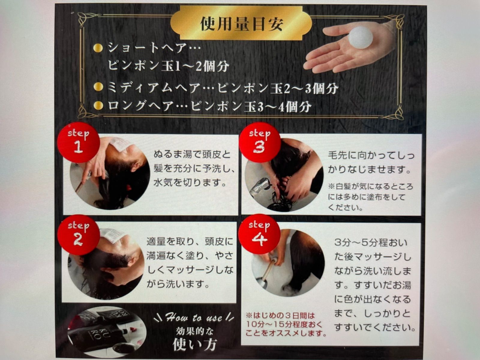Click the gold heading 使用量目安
click(x=241, y=24)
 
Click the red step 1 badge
click(x=78, y=142)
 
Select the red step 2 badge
click(x=78, y=234)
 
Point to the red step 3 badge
click(x=259, y=142)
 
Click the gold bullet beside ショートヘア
click(x=98, y=48)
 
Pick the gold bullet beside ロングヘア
click(x=98, y=105)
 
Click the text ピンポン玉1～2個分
click(x=169, y=66)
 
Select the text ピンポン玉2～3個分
click(x=278, y=88)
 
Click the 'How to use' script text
click(x=194, y=317)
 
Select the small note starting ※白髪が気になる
click(x=370, y=197)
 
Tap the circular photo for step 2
click(x=106, y=265)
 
